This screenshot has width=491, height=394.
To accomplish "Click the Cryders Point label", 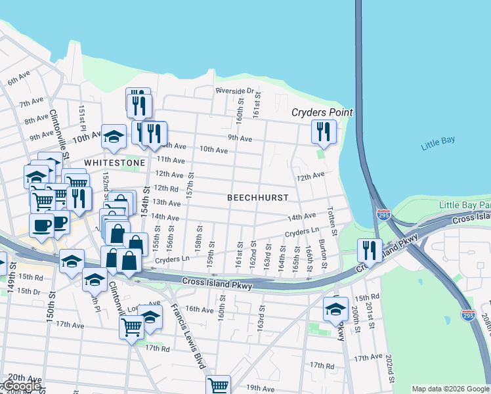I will [322, 112].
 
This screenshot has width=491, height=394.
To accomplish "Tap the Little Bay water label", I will [438, 142].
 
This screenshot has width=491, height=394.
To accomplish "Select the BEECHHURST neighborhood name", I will [253, 197].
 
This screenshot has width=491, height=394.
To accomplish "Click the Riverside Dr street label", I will [235, 91].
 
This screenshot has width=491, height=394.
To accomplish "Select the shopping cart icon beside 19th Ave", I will [218, 385].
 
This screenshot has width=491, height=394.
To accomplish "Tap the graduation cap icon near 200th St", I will [335, 309].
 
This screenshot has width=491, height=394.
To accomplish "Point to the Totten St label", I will [332, 222].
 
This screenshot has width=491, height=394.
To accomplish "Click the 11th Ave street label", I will [170, 160].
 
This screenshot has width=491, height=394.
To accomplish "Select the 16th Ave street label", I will [200, 309].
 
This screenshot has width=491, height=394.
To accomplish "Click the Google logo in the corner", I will [21, 386].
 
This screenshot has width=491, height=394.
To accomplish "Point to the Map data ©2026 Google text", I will [450, 389].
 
